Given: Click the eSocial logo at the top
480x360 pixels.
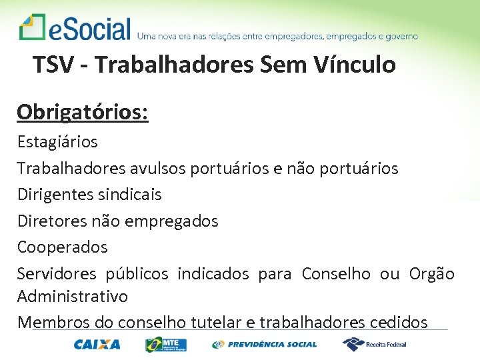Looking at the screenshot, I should click(x=75, y=29).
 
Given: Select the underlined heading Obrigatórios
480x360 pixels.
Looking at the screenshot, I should click(x=83, y=112).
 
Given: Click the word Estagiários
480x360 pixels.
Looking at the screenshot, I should click(x=57, y=141).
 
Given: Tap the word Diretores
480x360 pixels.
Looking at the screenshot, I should click(x=50, y=221).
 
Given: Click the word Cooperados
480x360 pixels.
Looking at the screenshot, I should click(x=62, y=247).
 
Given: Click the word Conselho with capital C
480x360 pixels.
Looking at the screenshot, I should click(x=336, y=273).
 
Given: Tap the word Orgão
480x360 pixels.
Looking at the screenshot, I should click(x=431, y=273).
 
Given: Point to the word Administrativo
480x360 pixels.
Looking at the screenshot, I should click(x=73, y=295).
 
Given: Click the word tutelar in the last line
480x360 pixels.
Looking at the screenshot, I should click(x=216, y=322).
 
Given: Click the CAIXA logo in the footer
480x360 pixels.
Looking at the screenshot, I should click(x=97, y=345).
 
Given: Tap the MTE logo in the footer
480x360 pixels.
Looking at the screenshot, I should click(x=166, y=345).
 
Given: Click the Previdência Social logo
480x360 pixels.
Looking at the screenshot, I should click(x=265, y=345).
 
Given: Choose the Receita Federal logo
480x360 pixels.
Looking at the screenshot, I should click(x=374, y=344).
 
